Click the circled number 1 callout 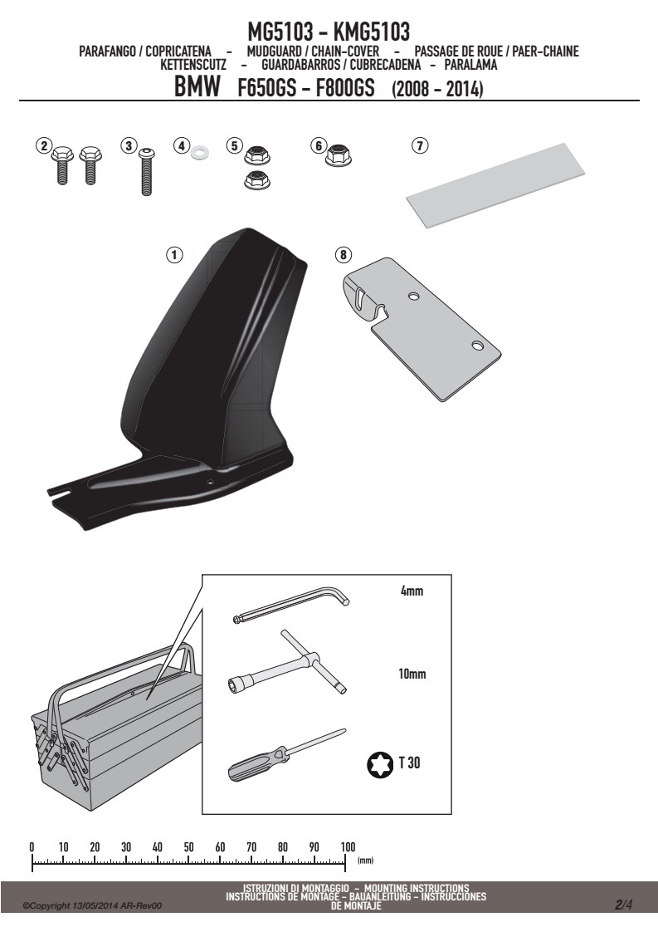[x=174, y=255]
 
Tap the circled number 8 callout [x=344, y=255]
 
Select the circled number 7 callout [x=420, y=145]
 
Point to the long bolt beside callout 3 [x=146, y=172]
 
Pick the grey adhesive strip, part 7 [x=495, y=184]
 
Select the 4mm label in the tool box [x=412, y=591]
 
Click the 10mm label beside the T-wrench [x=412, y=674]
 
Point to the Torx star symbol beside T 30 [x=380, y=764]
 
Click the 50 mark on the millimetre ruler [x=189, y=847]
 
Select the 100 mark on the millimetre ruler [x=348, y=847]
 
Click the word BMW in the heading [x=197, y=86]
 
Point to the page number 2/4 [x=623, y=905]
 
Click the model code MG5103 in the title [x=280, y=32]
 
